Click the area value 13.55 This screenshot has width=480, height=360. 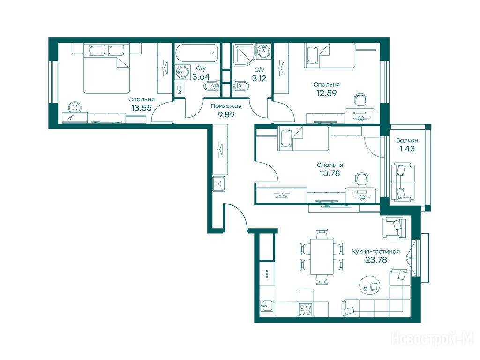[x=142, y=108]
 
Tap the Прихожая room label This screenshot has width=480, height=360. [x=226, y=106]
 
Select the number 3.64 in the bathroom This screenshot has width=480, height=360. [x=201, y=76]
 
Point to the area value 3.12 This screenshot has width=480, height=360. [x=259, y=78]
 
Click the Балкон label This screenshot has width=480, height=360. [x=407, y=140]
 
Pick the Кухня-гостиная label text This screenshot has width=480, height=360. [x=376, y=251]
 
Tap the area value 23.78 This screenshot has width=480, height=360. [x=376, y=260]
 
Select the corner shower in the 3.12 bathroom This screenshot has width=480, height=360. [x=243, y=55]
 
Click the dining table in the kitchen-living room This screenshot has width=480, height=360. [x=322, y=256]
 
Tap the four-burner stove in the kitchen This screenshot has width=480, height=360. [x=305, y=309]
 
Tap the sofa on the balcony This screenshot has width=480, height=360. [x=403, y=183]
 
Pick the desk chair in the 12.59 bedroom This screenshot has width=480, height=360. [x=360, y=99]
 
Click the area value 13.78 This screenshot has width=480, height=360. [x=330, y=173]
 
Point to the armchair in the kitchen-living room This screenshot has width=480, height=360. [x=394, y=228]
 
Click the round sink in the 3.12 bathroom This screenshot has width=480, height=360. [x=263, y=51]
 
